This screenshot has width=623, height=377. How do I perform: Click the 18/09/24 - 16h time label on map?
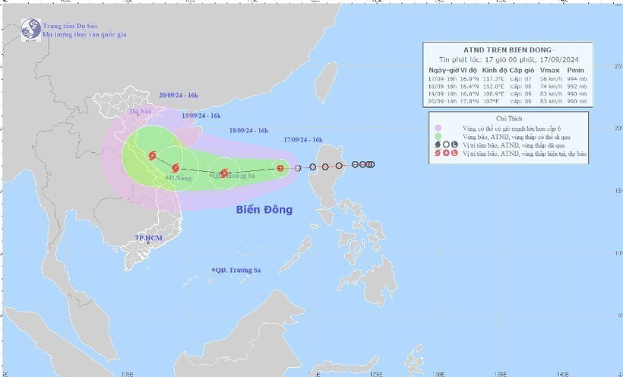[x=248, y=131]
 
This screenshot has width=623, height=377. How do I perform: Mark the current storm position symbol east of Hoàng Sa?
[x=280, y=168]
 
